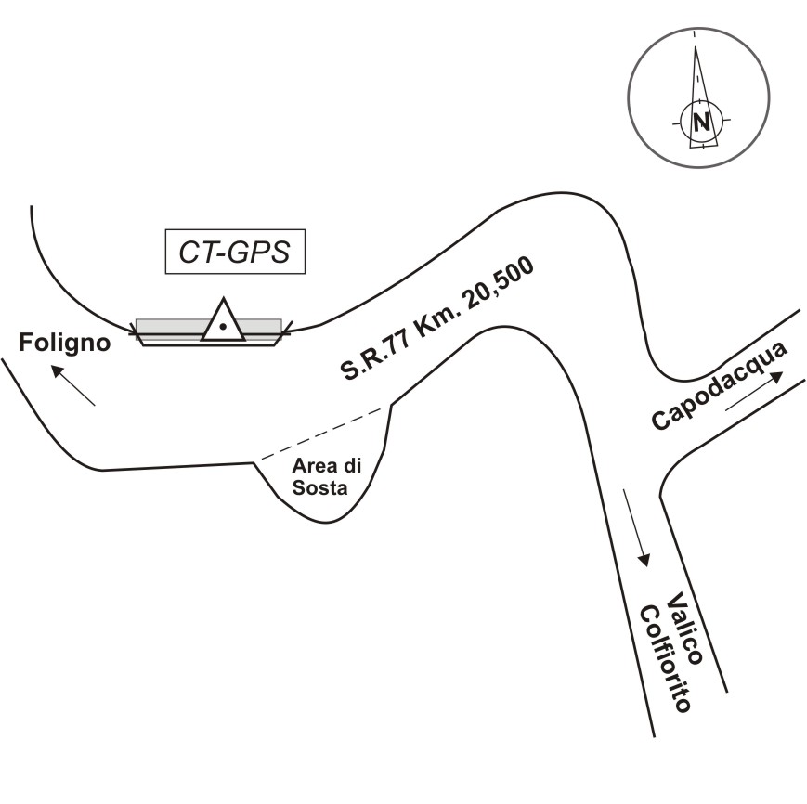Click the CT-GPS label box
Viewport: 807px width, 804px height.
(x=235, y=252)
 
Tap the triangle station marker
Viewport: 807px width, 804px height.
(x=223, y=321)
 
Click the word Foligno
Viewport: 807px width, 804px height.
(x=65, y=344)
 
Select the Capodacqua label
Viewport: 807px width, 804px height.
(x=720, y=385)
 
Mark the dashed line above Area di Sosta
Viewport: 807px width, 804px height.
(x=322, y=433)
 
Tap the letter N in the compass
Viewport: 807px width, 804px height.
(x=701, y=121)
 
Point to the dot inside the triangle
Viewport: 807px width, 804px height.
(x=223, y=326)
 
